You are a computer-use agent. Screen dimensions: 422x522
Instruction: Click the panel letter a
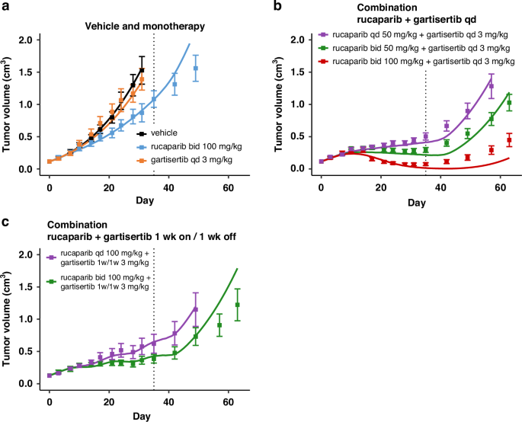pos(5,7)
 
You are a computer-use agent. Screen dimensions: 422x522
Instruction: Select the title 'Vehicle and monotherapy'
pos(144,27)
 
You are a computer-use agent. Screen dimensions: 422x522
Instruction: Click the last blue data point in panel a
pos(196,68)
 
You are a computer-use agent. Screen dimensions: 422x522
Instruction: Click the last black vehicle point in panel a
pos(142,70)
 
